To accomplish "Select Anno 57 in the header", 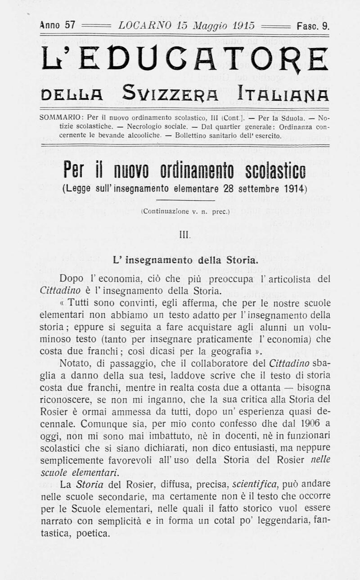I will tap(57, 25).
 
